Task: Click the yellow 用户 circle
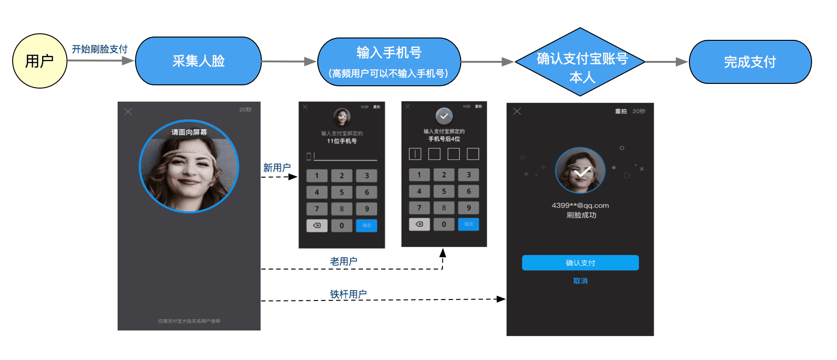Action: tap(40, 61)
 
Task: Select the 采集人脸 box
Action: tap(198, 61)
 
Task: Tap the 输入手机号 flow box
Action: tap(389, 62)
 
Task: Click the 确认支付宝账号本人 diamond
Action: tap(580, 62)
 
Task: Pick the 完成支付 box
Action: tap(750, 62)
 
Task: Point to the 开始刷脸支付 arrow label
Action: tap(99, 49)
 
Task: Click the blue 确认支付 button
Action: tap(580, 263)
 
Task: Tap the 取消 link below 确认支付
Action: tap(580, 281)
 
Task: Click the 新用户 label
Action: tap(277, 168)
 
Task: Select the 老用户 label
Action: tap(344, 261)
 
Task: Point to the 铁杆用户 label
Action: tap(348, 294)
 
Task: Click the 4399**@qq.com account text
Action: tap(580, 205)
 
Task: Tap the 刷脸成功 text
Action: tap(581, 215)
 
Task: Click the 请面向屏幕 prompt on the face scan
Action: tap(189, 132)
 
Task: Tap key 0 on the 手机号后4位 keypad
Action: tap(444, 224)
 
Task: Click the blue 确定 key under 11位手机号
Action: tap(366, 225)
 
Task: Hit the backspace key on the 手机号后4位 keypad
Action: tap(419, 224)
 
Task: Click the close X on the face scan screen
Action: tap(128, 112)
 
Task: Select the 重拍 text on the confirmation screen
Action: tap(620, 112)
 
